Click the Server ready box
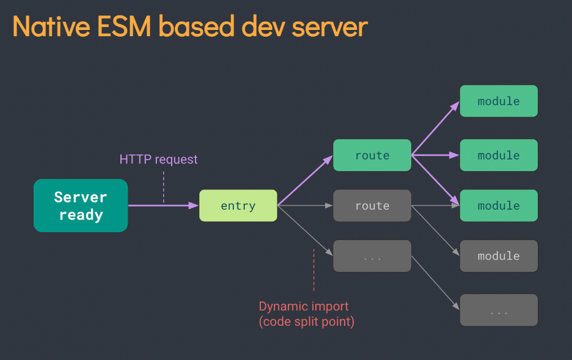coord(81,205)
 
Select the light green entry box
coord(238,205)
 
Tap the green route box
coord(372,155)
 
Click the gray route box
coord(372,205)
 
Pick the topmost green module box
coord(499,101)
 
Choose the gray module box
coord(499,255)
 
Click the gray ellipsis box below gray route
coord(372,255)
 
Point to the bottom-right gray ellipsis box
coord(499,310)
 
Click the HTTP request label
coord(158,160)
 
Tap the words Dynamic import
coord(304,306)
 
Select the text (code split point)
coord(306,321)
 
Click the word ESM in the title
coord(124,26)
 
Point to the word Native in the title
coord(51,26)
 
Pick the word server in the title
coord(330,27)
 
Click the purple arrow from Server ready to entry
coord(163,206)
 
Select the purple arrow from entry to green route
coord(305,180)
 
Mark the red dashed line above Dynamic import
coord(313,270)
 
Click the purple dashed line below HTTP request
coord(163,187)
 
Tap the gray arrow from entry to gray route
coord(305,206)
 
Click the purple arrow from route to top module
coord(436,128)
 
